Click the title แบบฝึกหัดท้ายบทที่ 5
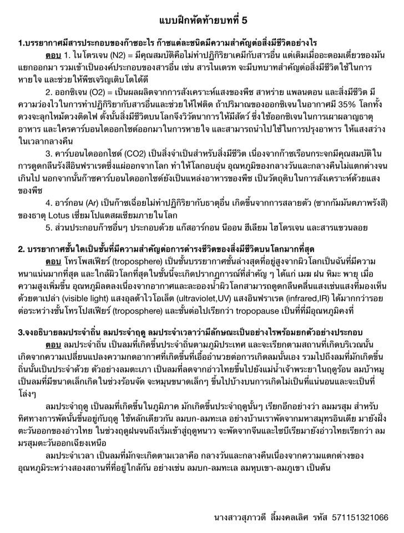point(201,21)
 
